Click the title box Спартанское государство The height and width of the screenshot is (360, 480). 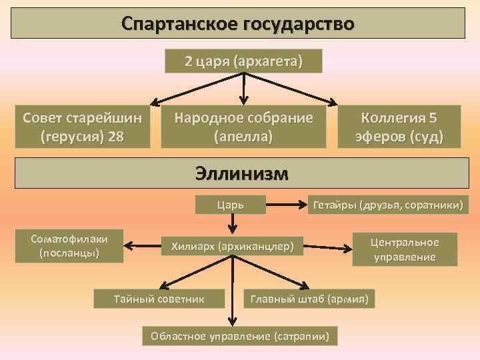pos(238,23)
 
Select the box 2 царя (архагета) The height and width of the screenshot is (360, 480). pos(243,61)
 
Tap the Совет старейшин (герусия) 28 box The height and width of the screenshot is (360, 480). pos(83,127)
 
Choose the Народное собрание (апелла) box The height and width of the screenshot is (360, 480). pos(243,127)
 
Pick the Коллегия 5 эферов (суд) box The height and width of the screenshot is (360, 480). pos(399,127)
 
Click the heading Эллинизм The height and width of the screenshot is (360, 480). pos(242,173)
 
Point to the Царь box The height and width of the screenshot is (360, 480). pos(231,204)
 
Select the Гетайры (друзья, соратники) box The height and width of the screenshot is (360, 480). pos(387,204)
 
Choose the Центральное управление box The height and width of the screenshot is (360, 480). pos(405,249)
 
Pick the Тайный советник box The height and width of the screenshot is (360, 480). pos(159,297)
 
